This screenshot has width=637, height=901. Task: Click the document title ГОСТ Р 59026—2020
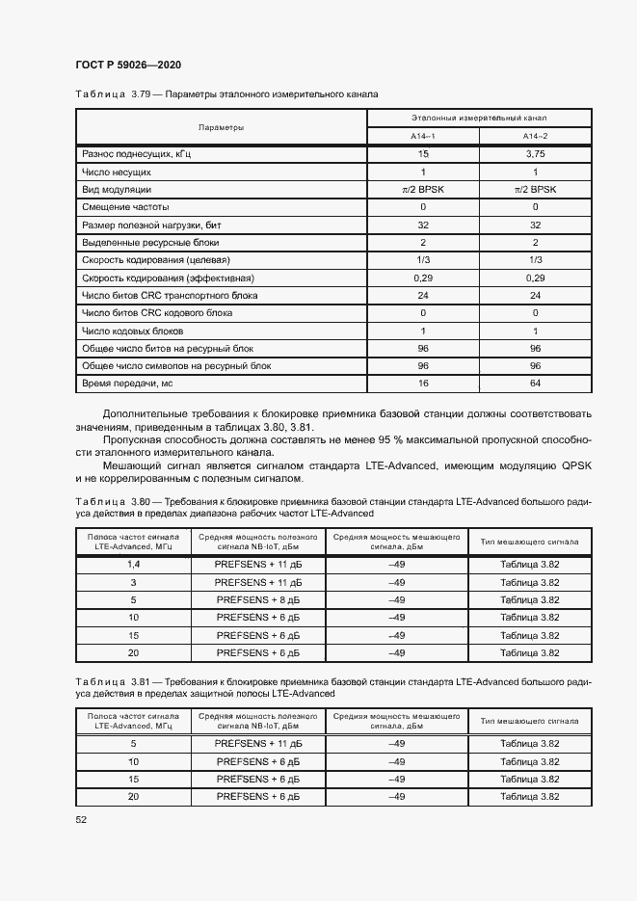click(127, 65)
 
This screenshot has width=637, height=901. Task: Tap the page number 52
click(81, 819)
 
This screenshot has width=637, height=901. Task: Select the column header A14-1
click(423, 137)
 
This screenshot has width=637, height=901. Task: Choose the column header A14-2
click(535, 137)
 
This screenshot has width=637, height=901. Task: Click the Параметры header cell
click(221, 127)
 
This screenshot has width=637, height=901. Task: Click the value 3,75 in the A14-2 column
click(535, 154)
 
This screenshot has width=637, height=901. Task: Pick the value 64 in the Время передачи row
click(535, 384)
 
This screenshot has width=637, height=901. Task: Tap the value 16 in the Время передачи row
click(423, 384)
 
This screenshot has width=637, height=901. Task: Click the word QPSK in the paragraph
click(574, 465)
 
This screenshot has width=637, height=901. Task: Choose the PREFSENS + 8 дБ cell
click(258, 600)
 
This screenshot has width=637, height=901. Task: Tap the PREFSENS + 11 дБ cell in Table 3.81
click(258, 744)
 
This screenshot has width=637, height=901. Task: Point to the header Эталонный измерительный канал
click(479, 117)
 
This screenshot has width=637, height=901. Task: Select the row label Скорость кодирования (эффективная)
click(161, 278)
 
